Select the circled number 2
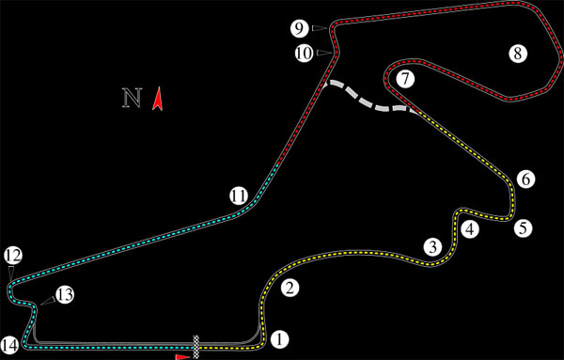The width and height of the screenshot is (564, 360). click(x=290, y=289)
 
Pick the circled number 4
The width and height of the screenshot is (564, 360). click(x=469, y=228)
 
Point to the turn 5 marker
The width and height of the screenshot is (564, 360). click(x=524, y=227)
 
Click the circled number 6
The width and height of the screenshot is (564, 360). click(x=525, y=179)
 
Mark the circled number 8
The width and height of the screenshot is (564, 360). click(x=516, y=53)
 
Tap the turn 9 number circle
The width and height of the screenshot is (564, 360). click(x=298, y=27)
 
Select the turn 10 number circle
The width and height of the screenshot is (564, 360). click(x=303, y=53)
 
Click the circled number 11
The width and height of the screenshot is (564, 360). click(x=239, y=196)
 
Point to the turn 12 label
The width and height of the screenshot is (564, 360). click(x=12, y=255)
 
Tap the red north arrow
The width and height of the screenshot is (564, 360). click(x=159, y=98)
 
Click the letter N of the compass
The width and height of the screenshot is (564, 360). click(x=132, y=98)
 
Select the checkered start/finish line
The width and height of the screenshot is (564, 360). click(x=196, y=344)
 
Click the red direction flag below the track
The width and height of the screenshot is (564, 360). click(x=182, y=356)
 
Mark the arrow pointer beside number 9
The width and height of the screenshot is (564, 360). click(x=320, y=28)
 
